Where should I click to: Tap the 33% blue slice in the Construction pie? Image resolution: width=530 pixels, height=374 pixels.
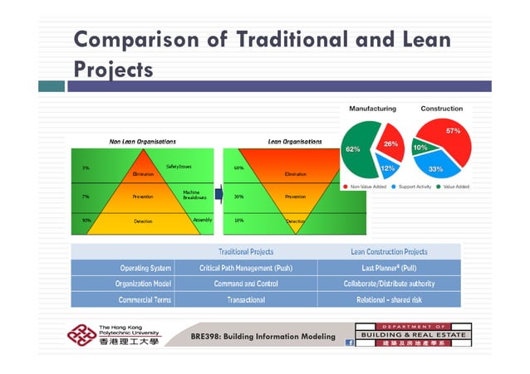pos(435,168)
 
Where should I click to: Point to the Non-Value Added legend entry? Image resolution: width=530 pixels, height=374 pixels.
pos(363,187)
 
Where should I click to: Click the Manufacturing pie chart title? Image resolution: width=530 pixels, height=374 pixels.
pos(372,109)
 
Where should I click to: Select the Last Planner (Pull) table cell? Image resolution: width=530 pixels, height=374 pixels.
pos(389,268)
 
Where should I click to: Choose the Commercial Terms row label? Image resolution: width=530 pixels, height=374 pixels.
pos(145,299)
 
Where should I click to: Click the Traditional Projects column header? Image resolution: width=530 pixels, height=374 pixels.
pos(245,251)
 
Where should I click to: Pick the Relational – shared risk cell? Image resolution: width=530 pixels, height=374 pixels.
pos(389,299)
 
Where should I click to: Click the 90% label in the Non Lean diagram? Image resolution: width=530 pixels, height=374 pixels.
pos(86,221)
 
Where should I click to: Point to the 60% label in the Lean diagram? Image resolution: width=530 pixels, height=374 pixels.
pos(238,168)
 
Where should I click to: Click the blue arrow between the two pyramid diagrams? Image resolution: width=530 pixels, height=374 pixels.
pos(219,195)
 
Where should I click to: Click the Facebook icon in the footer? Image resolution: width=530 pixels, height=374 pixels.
pos(349,342)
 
